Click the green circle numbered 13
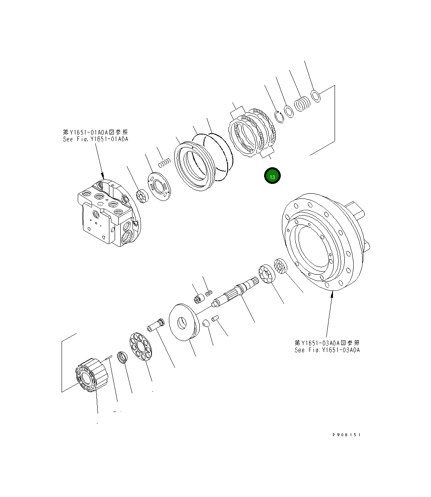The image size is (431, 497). coord(272,177)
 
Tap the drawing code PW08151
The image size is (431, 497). coord(346,435)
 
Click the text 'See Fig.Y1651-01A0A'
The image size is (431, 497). coord(95,139)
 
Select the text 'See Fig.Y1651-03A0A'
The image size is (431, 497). coord(327,350)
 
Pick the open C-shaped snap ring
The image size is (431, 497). coord(279,116)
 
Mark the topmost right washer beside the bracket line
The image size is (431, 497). coord(316,96)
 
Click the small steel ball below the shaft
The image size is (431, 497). coord(206,322)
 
